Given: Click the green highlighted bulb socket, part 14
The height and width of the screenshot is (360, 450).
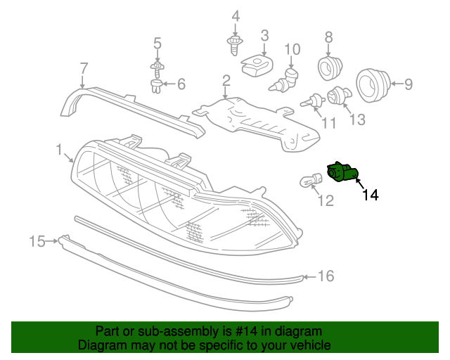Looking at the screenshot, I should pyautogui.click(x=342, y=173).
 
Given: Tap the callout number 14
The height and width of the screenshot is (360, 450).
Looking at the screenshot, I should pyautogui.click(x=370, y=195).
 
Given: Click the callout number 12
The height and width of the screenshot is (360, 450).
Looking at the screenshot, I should pyautogui.click(x=325, y=202).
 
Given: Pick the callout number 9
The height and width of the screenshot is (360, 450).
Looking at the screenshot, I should pyautogui.click(x=407, y=84).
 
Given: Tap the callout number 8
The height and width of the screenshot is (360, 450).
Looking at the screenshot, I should pyautogui.click(x=328, y=37).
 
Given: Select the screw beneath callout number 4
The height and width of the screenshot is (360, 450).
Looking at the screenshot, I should pyautogui.click(x=234, y=47).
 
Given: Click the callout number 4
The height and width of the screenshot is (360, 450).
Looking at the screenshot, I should pyautogui.click(x=235, y=15).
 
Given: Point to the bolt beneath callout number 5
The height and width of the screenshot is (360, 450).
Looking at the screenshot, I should pyautogui.click(x=157, y=69).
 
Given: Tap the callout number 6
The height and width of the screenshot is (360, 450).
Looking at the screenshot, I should pyautogui.click(x=181, y=84).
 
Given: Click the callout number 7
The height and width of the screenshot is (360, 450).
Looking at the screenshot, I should pyautogui.click(x=84, y=68).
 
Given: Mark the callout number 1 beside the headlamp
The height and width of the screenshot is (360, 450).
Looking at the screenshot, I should pyautogui.click(x=60, y=149).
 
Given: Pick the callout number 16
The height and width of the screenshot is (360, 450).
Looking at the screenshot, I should pyautogui.click(x=326, y=276).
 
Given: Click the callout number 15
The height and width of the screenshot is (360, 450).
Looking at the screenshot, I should pyautogui.click(x=37, y=242).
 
